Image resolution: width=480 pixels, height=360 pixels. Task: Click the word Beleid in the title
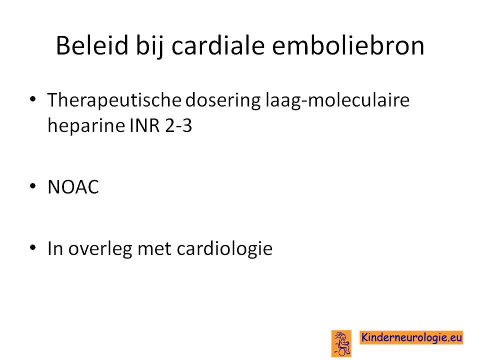pos(92,45)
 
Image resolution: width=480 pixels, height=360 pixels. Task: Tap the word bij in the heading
pos(149,48)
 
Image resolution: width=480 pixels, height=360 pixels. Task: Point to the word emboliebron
pos(348,45)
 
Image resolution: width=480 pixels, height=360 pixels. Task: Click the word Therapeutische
pos(114,100)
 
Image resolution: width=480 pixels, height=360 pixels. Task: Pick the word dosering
pos(223,100)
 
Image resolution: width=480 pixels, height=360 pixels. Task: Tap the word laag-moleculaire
pos(337,100)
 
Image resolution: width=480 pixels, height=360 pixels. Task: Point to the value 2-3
pos(178,125)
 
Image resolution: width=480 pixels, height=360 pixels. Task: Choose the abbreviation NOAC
pos(73,186)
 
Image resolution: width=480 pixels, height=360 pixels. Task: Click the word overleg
pos(100,249)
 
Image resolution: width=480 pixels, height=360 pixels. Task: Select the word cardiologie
pos(224,249)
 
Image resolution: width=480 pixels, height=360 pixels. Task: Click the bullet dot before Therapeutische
pos(33,98)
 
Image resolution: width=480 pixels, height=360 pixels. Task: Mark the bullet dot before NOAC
pos(33,186)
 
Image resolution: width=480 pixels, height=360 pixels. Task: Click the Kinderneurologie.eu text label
pos(411,337)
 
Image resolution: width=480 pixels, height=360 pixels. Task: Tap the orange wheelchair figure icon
pos(341,343)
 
